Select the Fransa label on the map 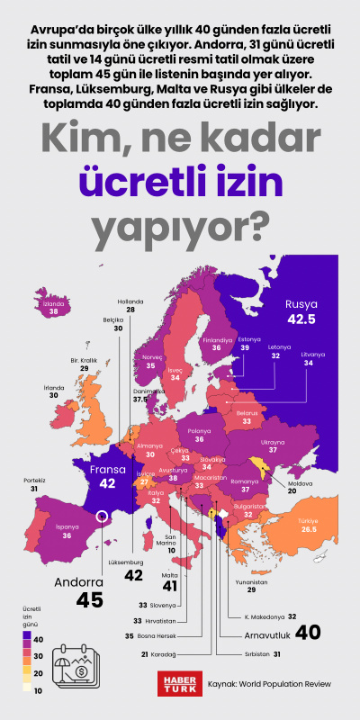coord(107,469)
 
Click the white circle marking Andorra coord(103,517)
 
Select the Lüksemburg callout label coord(126,562)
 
